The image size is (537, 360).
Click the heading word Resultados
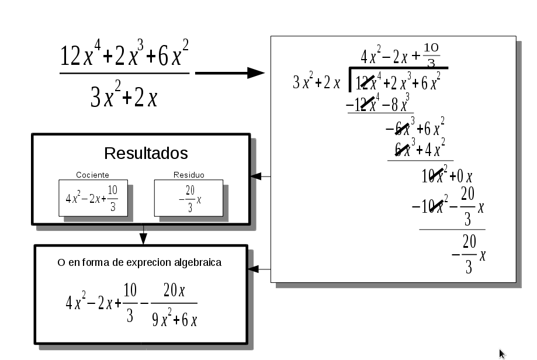click(x=145, y=154)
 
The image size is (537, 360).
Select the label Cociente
click(x=92, y=175)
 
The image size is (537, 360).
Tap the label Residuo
click(x=189, y=175)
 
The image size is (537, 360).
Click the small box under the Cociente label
click(x=93, y=198)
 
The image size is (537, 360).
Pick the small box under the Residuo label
click(x=188, y=198)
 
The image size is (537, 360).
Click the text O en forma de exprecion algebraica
click(x=139, y=263)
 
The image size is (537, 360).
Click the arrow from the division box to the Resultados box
click(x=262, y=176)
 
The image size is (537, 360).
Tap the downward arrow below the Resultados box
click(x=143, y=234)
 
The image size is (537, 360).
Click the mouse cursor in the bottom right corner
click(x=502, y=353)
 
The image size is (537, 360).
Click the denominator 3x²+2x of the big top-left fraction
click(x=124, y=97)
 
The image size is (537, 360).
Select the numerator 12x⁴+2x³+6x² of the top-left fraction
click(x=124, y=56)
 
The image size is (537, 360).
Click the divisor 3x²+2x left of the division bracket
click(x=316, y=83)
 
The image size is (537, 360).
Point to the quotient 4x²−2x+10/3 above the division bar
click(x=400, y=56)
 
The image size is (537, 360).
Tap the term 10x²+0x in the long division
click(x=447, y=175)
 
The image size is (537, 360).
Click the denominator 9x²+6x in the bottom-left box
click(x=174, y=320)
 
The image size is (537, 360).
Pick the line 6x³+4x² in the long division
click(x=420, y=150)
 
